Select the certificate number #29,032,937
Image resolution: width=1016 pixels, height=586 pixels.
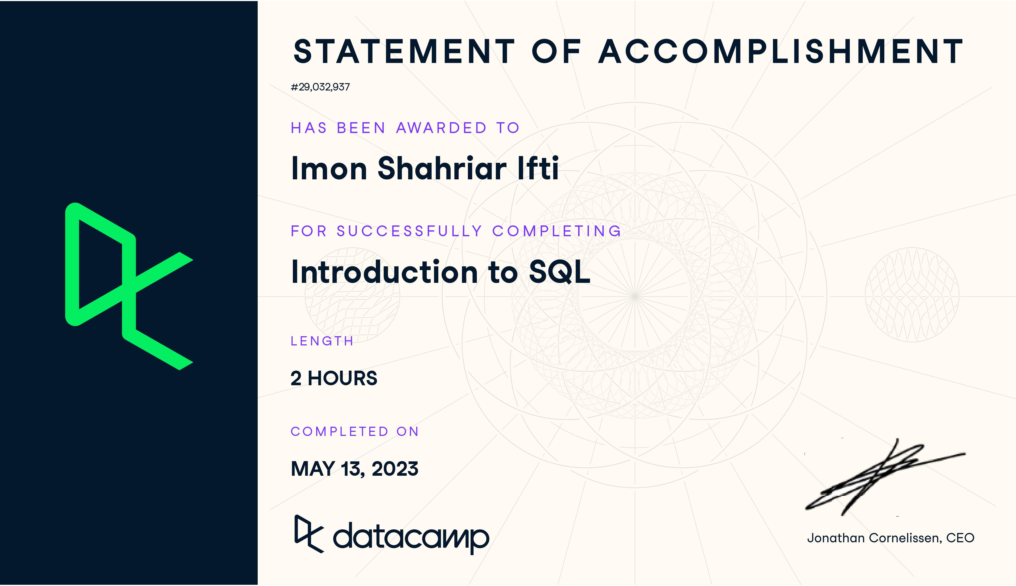coord(320,87)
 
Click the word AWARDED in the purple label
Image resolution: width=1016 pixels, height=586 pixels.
coord(441,128)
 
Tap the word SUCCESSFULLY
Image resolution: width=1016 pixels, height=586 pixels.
coord(409,231)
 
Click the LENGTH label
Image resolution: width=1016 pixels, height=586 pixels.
coord(322,341)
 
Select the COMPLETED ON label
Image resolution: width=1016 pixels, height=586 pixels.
coord(354,432)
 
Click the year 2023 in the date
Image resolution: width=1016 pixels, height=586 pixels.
coord(395,469)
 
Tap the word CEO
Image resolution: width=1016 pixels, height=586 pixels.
coord(960,538)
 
